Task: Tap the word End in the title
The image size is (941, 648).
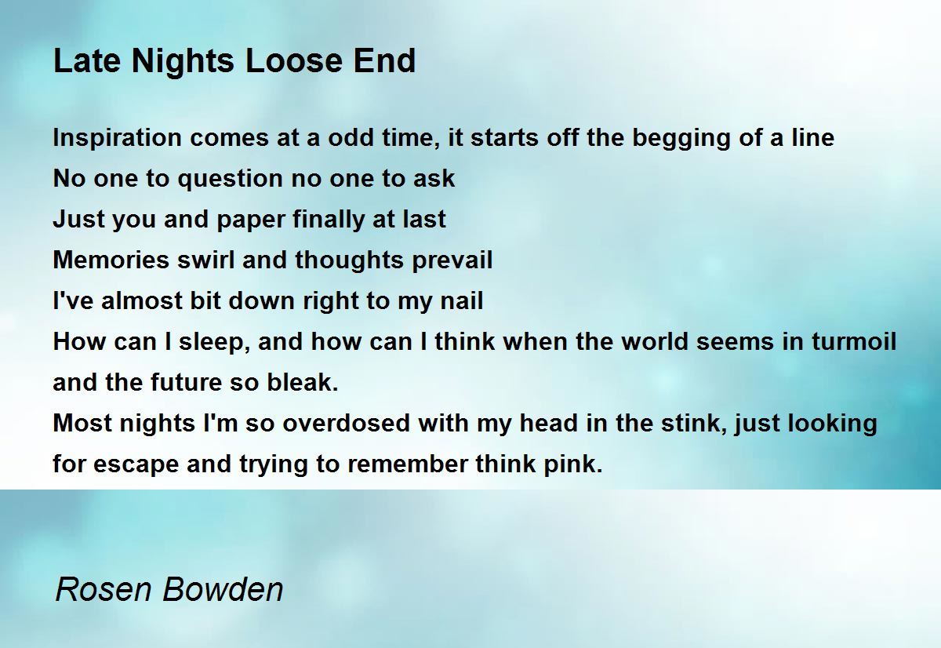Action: (x=384, y=60)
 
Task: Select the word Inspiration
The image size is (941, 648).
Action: (x=117, y=138)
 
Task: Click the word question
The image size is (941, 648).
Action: (x=231, y=179)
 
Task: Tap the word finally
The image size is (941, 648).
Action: (x=329, y=219)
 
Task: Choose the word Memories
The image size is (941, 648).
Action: (x=111, y=260)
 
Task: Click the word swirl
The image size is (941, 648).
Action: (x=205, y=260)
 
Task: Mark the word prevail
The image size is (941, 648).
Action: (x=452, y=260)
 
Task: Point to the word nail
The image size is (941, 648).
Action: (x=462, y=301)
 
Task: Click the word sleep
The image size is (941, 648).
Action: (x=213, y=342)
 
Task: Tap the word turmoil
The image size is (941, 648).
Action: (x=854, y=341)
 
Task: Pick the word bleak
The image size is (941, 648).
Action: (x=303, y=382)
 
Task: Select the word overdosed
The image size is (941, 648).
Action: (x=346, y=423)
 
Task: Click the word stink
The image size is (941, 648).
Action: (x=695, y=424)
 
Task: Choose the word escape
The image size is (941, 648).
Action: (x=136, y=464)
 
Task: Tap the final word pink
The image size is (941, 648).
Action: (x=573, y=464)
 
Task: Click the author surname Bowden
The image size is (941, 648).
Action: (x=223, y=589)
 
